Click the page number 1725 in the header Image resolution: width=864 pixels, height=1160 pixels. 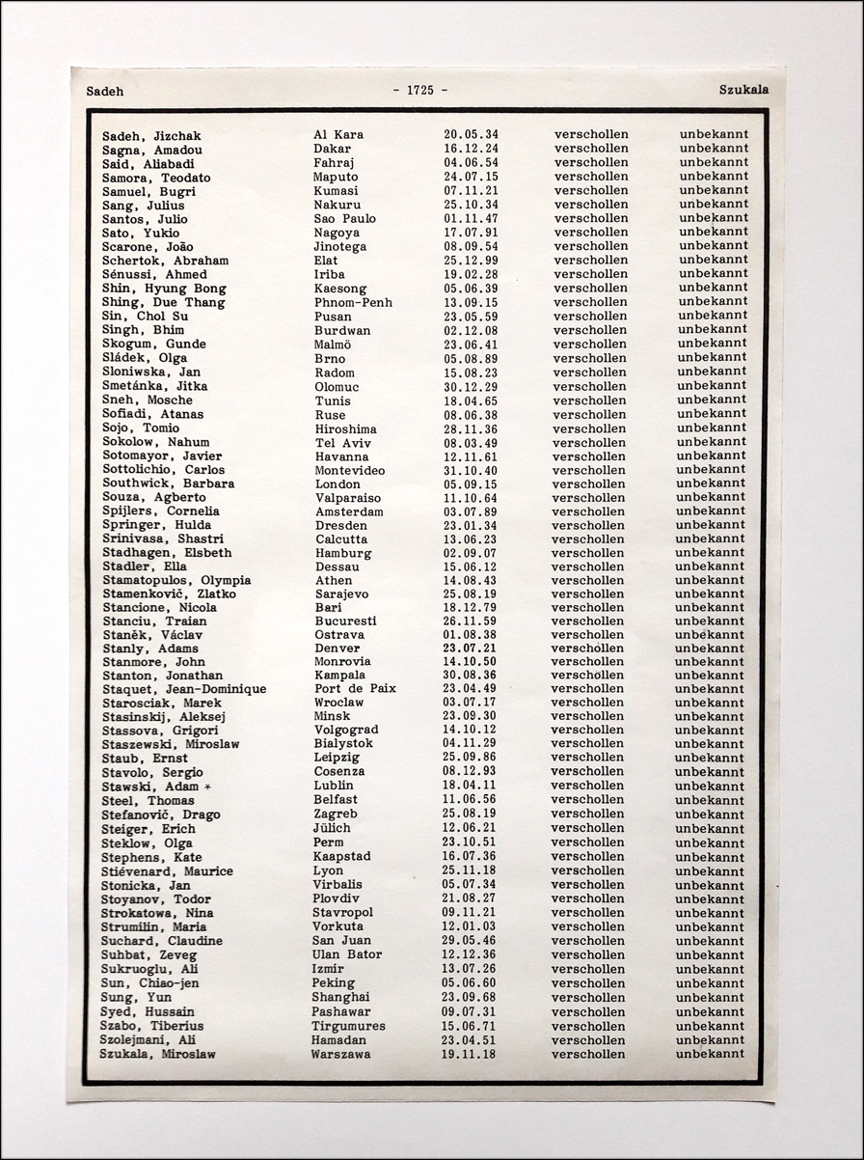pos(420,90)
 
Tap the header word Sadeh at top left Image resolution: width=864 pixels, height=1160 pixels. pos(105,92)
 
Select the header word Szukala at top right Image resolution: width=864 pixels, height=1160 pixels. pos(743,90)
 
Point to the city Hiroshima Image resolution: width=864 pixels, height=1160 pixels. pos(345,428)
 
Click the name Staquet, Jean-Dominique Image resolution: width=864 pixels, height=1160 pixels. pos(184,689)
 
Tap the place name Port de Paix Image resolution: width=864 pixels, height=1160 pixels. pos(355,689)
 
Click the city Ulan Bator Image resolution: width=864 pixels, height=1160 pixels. pos(347,954)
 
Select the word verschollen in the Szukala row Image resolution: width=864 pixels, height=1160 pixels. pos(588,1054)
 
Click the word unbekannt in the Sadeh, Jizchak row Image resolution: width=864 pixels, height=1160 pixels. pos(714,134)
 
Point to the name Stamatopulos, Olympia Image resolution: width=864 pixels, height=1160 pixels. pos(176,580)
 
